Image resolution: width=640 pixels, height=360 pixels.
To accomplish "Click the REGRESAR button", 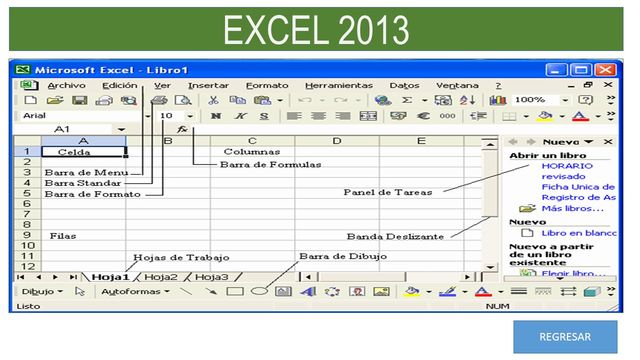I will pyautogui.click(x=565, y=337).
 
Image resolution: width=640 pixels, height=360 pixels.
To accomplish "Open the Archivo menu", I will pyautogui.click(x=66, y=86).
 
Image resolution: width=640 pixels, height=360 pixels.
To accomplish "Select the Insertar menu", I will pyautogui.click(x=208, y=86).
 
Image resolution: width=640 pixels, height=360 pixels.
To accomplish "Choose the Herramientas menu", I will pyautogui.click(x=338, y=86).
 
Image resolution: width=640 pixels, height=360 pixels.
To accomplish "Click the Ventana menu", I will pyautogui.click(x=457, y=86).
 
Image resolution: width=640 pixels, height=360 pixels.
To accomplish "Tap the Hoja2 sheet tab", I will pyautogui.click(x=161, y=276).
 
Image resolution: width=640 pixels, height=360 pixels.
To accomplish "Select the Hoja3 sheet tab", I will pyautogui.click(x=211, y=276).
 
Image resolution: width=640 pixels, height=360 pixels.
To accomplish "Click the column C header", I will pyautogui.click(x=252, y=141).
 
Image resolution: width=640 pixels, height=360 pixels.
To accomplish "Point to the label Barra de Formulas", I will pyautogui.click(x=271, y=164).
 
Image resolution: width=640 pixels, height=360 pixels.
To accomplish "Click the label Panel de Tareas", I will pyautogui.click(x=389, y=192).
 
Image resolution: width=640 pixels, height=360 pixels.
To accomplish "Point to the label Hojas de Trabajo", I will pyautogui.click(x=174, y=257).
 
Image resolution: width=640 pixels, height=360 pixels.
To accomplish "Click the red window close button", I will pyautogui.click(x=606, y=71).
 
